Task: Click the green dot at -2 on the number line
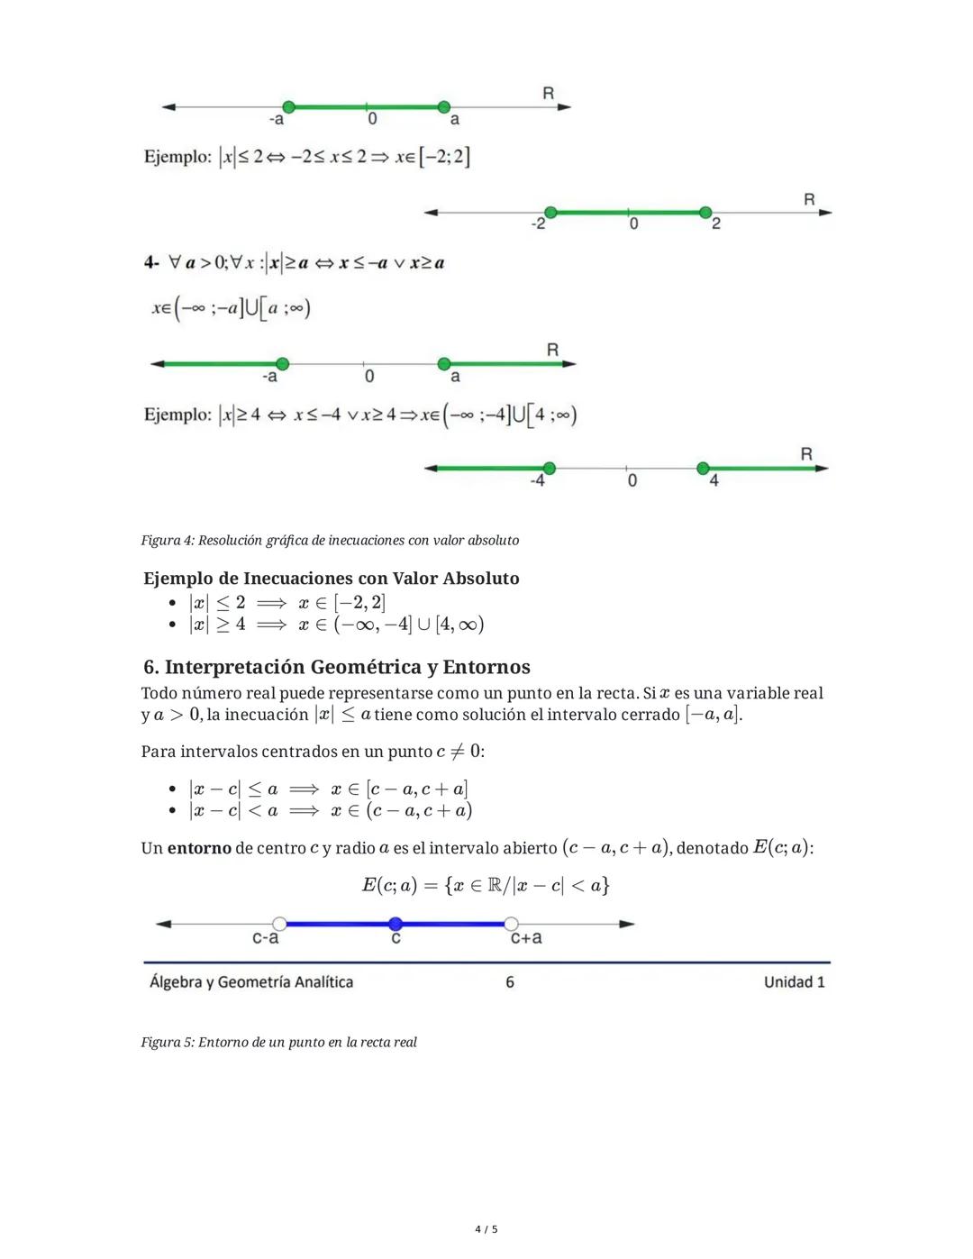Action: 550,212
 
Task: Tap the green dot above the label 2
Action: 705,212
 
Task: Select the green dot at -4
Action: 549,468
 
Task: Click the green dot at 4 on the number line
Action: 703,468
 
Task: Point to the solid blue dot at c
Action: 396,924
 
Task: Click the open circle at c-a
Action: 279,924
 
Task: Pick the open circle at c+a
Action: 511,924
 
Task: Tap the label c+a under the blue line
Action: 526,938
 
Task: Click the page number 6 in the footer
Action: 510,981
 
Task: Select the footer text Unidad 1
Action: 794,981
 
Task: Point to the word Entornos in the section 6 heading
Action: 486,667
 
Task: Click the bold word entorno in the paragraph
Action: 199,848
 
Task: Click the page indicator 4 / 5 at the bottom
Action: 486,1229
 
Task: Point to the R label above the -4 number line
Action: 805,454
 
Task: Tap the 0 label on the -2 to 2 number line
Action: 633,224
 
